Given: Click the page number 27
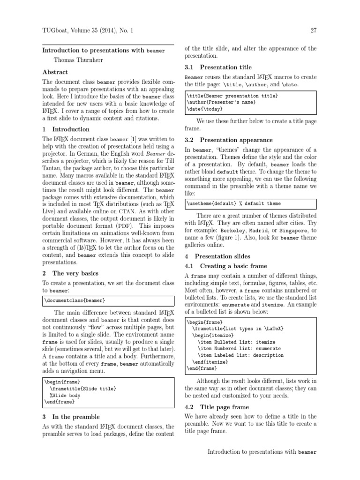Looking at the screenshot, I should [x=313, y=31].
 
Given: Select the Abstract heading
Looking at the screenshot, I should [x=55, y=72].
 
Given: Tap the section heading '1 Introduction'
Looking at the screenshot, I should [x=66, y=129].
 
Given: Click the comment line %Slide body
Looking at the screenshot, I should [x=63, y=395].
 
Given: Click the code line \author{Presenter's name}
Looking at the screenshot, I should [x=222, y=102].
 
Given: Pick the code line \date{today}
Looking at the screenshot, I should [x=205, y=109].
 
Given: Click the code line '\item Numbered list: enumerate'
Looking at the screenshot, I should [x=240, y=349].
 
